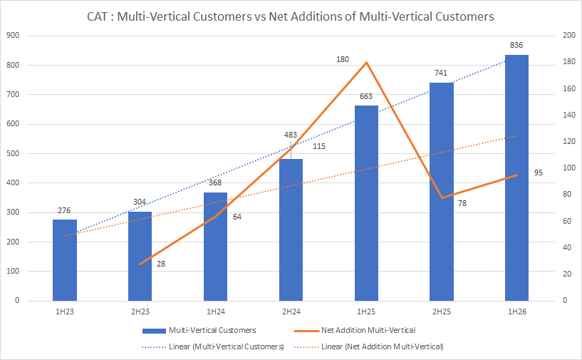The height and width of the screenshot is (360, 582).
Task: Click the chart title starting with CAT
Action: pyautogui.click(x=291, y=16)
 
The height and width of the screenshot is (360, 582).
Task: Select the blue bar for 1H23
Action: pyautogui.click(x=65, y=260)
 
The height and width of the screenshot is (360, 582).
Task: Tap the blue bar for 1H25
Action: pyautogui.click(x=366, y=203)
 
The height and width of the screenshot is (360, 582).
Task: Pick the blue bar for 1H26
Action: pyautogui.click(x=516, y=178)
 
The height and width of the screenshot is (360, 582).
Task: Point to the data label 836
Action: pyautogui.click(x=516, y=46)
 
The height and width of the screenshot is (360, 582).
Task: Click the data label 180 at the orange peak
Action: pyautogui.click(x=343, y=59)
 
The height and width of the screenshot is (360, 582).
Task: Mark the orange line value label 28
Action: pyautogui.click(x=162, y=264)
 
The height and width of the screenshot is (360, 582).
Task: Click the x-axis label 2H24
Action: pyautogui.click(x=291, y=312)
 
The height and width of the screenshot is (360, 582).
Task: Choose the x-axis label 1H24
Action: pyautogui.click(x=215, y=312)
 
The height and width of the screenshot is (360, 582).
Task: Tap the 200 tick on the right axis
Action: pyautogui.click(x=568, y=36)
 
